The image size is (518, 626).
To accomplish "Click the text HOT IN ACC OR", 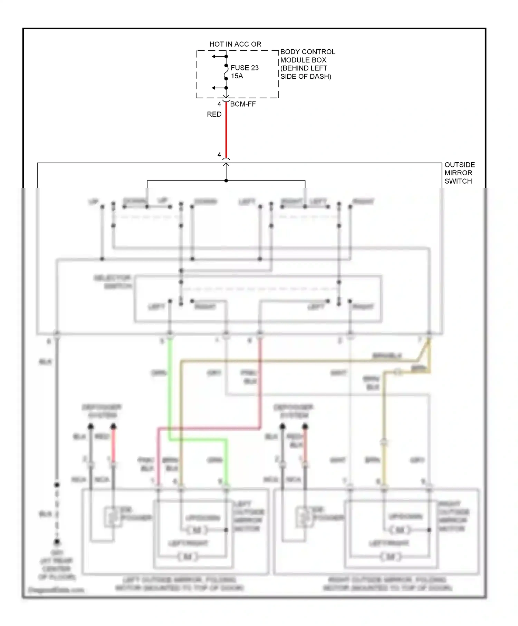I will tap(235, 44).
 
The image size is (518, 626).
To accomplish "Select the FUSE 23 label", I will tap(244, 68).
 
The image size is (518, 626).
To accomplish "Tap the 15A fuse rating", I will tap(237, 76).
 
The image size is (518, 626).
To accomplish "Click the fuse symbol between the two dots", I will tap(226, 72).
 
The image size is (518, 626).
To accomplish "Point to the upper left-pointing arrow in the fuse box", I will tap(214, 56).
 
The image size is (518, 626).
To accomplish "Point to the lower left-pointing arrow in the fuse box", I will tap(214, 88).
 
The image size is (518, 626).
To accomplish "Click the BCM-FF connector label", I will tap(243, 104).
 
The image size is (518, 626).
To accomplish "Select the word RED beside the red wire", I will tap(214, 114).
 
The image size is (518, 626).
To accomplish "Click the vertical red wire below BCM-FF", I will tap(226, 131).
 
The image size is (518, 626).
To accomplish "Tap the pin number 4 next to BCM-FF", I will tap(219, 104).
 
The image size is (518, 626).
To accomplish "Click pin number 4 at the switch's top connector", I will tap(219, 155).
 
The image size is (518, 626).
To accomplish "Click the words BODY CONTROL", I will tap(307, 52).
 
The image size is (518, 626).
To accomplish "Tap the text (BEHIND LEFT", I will tap(304, 68).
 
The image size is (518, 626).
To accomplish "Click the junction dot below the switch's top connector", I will tap(226, 180).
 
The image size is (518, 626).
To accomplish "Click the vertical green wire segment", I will tap(170, 390).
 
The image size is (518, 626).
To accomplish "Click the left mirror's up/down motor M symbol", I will tap(197, 530).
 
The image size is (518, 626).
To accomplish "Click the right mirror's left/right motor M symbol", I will tap(391, 556).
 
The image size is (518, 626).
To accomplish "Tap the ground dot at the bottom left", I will tap(57, 541).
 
